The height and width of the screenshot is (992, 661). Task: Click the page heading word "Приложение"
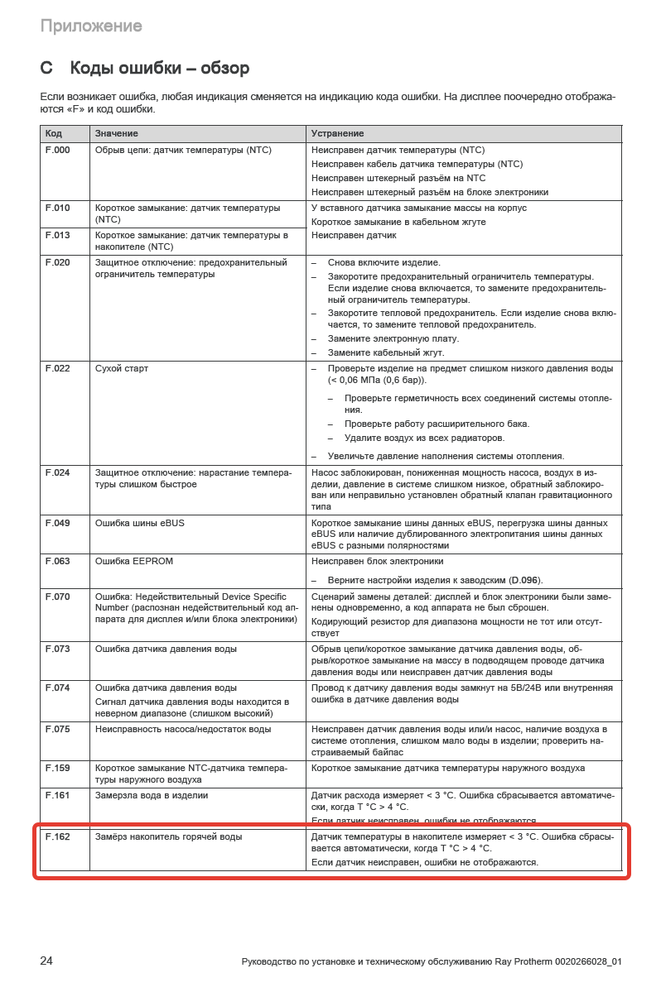point(91,26)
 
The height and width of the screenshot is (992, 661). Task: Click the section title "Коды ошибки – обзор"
point(160,68)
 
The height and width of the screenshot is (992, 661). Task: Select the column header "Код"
point(54,133)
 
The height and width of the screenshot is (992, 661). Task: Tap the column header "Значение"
point(116,133)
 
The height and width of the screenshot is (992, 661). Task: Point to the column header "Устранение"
point(337,133)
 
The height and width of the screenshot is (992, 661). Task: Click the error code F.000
point(57,151)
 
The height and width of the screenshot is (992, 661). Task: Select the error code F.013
point(57,236)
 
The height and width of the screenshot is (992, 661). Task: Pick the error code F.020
point(57,263)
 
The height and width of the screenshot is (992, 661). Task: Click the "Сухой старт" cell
point(122,369)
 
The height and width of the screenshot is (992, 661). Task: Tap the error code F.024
point(57,473)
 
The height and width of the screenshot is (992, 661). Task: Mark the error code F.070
point(57,597)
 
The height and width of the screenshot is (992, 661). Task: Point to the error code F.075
point(57,730)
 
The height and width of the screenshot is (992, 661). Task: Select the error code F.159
point(57,769)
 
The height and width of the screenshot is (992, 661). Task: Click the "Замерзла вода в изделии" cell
point(152,796)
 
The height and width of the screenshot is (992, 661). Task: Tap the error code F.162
point(57,837)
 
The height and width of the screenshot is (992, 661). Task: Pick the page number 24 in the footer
point(46,961)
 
